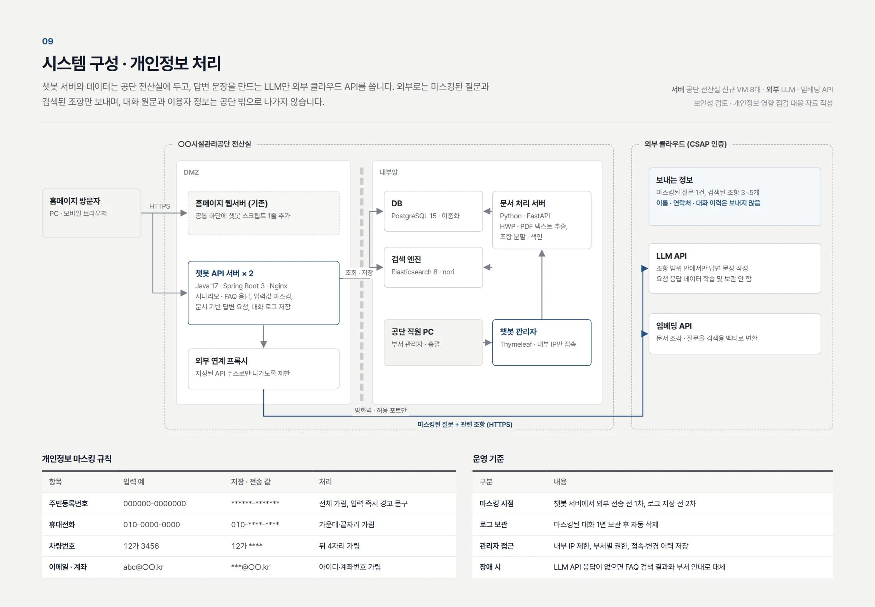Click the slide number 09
(x=47, y=41)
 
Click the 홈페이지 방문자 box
(x=91, y=213)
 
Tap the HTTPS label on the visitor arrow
(x=159, y=206)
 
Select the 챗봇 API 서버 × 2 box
(x=263, y=293)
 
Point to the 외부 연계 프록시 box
(x=263, y=368)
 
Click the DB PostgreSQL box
(x=433, y=211)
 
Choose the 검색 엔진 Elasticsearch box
(x=433, y=267)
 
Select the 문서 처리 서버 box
(x=542, y=220)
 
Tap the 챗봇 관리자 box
(x=542, y=342)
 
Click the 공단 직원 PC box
(x=433, y=342)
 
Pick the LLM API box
(x=735, y=268)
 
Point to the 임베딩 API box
(x=735, y=333)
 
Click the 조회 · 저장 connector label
(x=359, y=272)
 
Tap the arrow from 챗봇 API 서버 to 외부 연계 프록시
(x=263, y=336)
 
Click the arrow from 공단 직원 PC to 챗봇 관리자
(x=488, y=342)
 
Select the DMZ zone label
(x=191, y=172)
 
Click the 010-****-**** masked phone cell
(x=255, y=524)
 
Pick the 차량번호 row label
(x=62, y=546)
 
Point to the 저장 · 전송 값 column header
(x=251, y=482)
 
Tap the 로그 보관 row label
(x=493, y=524)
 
